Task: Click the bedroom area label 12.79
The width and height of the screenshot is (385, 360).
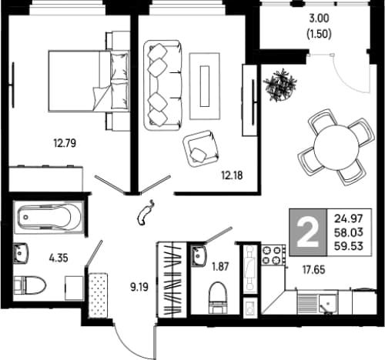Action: [65, 143]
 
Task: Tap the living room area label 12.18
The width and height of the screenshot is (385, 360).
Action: [232, 175]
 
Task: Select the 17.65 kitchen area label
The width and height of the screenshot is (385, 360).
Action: [313, 270]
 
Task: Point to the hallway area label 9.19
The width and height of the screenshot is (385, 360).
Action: [139, 287]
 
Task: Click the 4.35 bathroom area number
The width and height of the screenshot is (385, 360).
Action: [59, 258]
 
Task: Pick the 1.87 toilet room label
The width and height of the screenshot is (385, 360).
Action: [220, 267]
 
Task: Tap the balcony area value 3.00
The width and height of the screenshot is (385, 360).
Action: [319, 18]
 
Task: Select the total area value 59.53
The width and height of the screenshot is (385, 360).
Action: [349, 246]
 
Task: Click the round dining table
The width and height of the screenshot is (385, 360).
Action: [336, 146]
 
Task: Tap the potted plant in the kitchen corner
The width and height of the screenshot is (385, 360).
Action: [280, 85]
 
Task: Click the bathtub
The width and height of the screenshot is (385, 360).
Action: [49, 218]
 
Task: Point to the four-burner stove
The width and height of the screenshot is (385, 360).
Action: [273, 255]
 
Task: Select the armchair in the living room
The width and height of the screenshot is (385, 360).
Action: [202, 148]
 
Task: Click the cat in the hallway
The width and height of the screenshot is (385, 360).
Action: [146, 213]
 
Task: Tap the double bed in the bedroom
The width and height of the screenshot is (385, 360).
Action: [89, 81]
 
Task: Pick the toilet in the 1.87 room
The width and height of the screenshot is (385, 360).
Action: [218, 298]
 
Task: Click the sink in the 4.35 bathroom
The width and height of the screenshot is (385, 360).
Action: [21, 253]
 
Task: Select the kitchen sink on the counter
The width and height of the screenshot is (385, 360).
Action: [328, 304]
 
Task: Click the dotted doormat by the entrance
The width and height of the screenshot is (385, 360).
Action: [99, 295]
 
